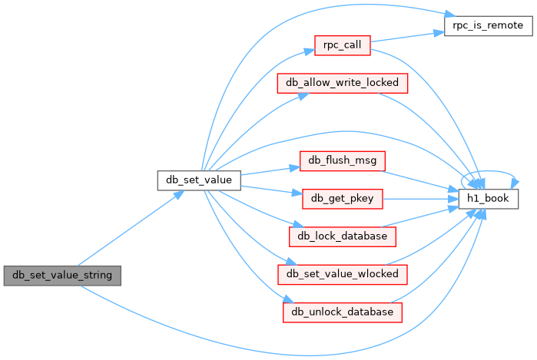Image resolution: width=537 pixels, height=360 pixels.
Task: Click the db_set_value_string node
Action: tap(62, 276)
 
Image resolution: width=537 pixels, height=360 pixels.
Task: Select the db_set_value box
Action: tap(199, 180)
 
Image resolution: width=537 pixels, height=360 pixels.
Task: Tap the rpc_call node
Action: tap(343, 45)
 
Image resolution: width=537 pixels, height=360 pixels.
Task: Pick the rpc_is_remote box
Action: tap(489, 25)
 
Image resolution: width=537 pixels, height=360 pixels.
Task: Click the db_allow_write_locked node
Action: tap(343, 83)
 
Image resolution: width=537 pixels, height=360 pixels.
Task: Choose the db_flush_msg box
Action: tap(343, 161)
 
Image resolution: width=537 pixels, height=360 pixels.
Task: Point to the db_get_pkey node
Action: tap(343, 199)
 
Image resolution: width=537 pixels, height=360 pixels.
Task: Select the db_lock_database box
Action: tap(343, 236)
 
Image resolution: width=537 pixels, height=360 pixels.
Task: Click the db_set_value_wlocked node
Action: tap(343, 275)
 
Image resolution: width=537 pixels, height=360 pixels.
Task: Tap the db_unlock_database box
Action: tap(343, 312)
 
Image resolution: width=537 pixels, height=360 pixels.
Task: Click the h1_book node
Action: tap(489, 199)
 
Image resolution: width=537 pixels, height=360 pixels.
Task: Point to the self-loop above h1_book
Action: tap(489, 170)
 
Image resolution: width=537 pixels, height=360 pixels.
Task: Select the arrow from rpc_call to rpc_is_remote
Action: tap(407, 37)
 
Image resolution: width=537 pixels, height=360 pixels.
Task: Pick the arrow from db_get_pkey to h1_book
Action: tap(420, 199)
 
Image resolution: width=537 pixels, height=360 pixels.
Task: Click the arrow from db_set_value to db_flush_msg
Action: tap(270, 170)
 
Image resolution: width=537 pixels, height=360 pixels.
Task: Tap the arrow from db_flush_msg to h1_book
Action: tap(420, 180)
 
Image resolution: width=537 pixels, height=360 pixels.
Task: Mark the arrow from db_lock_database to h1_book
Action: tap(420, 216)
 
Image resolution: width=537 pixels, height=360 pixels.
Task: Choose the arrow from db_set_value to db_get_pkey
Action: tap(272, 190)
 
